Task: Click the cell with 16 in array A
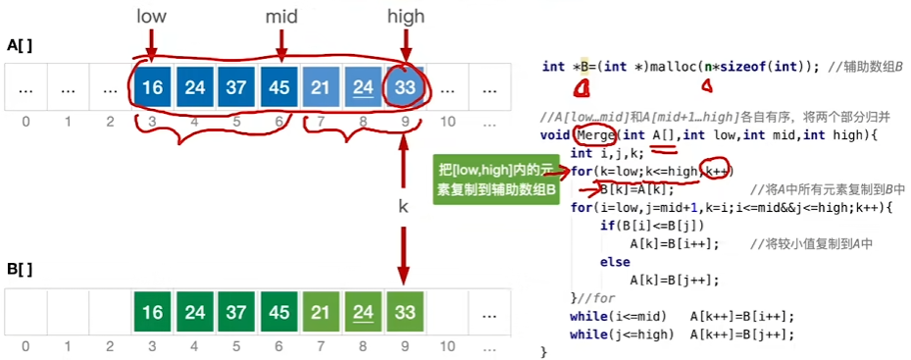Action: click(x=152, y=88)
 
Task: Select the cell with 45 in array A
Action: click(x=279, y=88)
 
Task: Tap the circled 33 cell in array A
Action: click(x=404, y=88)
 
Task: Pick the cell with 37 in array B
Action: click(x=236, y=313)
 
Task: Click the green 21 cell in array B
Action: click(x=321, y=313)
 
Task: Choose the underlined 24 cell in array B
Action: click(x=363, y=313)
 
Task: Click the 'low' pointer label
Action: click(x=151, y=18)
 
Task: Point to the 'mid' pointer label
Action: click(x=281, y=18)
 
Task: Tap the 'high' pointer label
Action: click(x=405, y=18)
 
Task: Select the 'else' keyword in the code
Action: click(x=614, y=262)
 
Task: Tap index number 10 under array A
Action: click(x=447, y=122)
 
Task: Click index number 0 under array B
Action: click(x=25, y=346)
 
